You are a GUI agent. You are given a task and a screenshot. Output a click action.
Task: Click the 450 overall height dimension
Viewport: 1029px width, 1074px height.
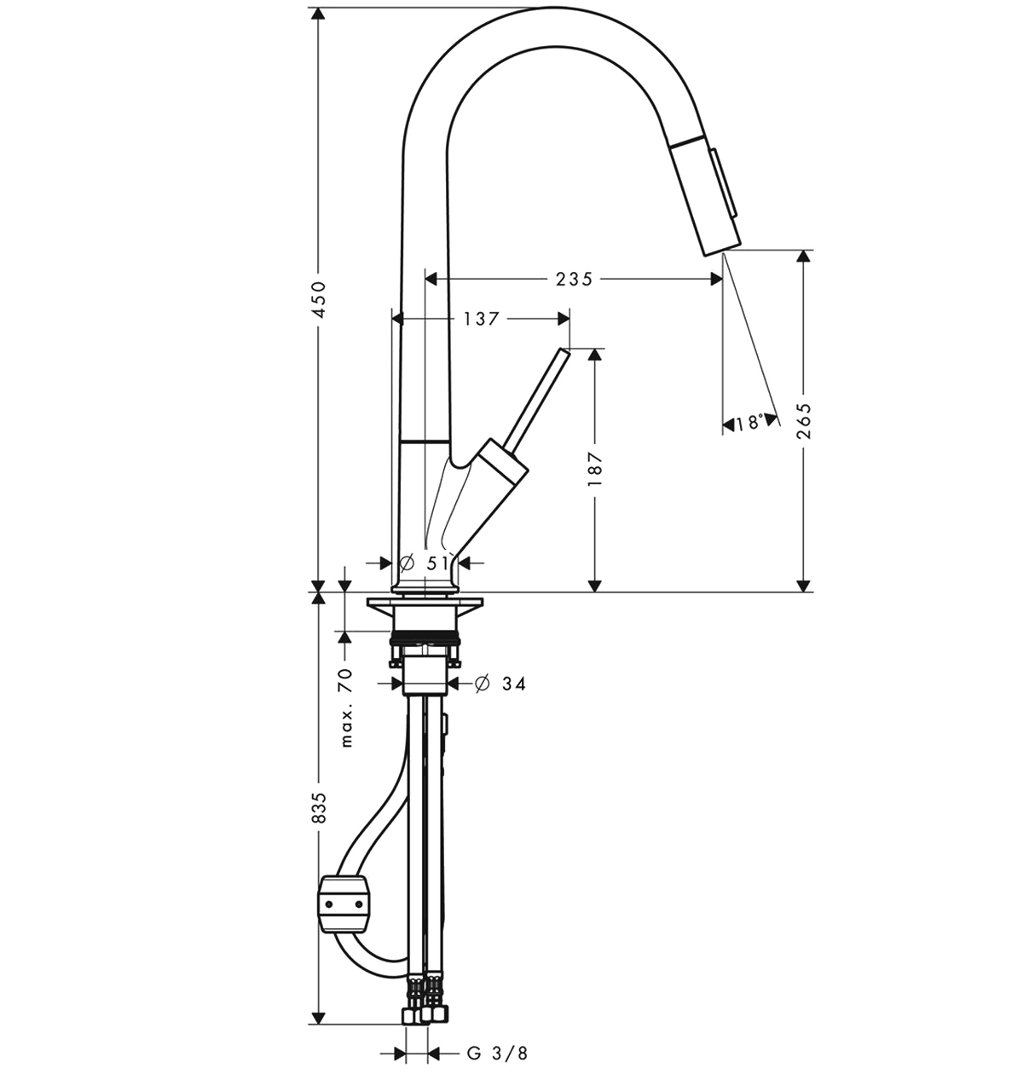(319, 300)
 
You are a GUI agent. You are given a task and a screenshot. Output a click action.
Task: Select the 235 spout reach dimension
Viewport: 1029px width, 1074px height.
(574, 280)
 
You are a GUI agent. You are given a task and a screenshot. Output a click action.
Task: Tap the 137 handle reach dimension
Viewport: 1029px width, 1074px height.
(480, 319)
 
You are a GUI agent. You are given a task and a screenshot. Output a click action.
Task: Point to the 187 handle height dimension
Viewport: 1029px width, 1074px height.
(595, 469)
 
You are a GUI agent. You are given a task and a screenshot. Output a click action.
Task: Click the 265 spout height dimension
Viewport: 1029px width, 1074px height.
(804, 420)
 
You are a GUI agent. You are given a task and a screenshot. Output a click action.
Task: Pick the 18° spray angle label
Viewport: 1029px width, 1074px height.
(749, 424)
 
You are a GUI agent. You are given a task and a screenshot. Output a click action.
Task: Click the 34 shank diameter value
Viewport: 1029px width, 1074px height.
(514, 684)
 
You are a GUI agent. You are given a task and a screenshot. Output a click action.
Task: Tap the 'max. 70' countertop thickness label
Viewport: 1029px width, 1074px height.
(346, 707)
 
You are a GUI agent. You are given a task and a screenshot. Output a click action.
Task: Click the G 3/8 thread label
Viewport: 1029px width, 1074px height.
(497, 1053)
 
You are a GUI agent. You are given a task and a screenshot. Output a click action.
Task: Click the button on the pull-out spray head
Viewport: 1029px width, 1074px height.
(723, 183)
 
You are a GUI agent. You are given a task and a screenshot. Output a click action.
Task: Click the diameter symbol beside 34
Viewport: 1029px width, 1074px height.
(482, 684)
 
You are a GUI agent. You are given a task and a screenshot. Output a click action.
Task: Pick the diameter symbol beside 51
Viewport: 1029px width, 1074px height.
(407, 563)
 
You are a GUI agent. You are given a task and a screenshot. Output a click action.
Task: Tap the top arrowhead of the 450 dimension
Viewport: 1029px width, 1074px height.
(318, 14)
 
